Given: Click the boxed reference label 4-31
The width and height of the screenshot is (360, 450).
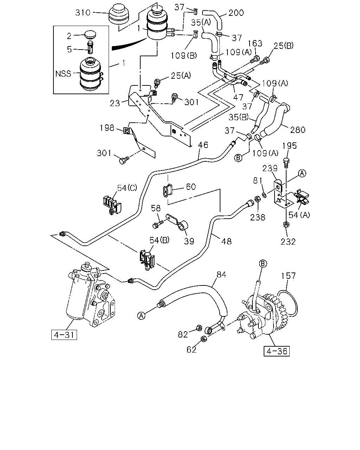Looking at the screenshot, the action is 64,335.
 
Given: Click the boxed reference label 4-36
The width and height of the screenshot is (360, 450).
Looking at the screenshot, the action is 277,351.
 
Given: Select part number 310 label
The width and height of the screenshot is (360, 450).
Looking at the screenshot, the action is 83,13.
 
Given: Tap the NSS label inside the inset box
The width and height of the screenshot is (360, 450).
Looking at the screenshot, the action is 63,73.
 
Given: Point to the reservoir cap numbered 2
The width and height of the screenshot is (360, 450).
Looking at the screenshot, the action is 90,35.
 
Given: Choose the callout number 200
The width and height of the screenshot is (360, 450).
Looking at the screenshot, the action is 236,13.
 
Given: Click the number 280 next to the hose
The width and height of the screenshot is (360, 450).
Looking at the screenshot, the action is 298,130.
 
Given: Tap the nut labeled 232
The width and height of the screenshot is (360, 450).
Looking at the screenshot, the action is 286,224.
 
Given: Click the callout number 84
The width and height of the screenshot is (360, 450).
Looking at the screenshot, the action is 221,274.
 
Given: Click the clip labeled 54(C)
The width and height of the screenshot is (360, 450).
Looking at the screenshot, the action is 112,205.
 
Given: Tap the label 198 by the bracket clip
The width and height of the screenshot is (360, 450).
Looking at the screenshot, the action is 107,128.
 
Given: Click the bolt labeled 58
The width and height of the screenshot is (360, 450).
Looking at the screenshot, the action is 158,225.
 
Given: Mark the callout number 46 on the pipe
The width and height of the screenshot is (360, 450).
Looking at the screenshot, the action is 203,145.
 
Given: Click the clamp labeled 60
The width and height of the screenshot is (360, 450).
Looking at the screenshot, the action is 168,190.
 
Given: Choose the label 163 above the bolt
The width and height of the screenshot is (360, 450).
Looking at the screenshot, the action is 255,44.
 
